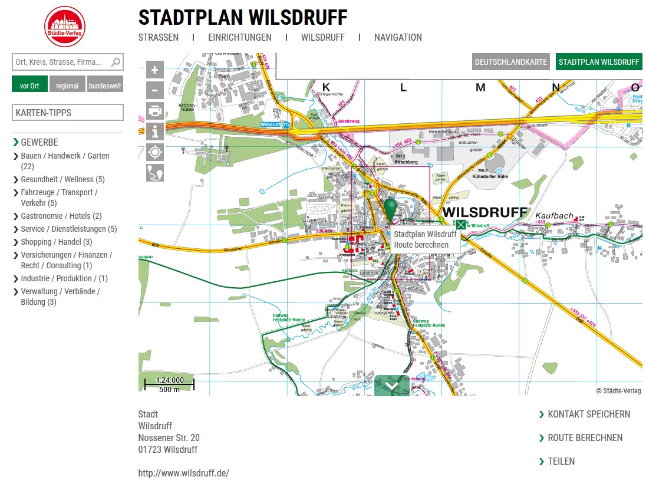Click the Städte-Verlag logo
coord(65,27)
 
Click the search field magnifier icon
coord(116,62)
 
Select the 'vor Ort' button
coord(29,85)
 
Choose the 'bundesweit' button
coord(105,85)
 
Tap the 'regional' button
coord(67,85)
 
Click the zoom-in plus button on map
coord(155,70)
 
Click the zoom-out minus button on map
coord(155,90)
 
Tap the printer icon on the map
coord(155,111)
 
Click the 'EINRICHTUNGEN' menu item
coord(239,37)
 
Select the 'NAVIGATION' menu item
coord(398,37)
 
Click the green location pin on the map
coord(391,209)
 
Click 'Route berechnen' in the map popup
coord(421,245)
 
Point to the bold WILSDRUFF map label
coord(484,212)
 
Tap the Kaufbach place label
coord(554,216)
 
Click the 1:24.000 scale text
coord(169,380)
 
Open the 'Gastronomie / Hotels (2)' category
coord(61,216)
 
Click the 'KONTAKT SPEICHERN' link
coord(588,414)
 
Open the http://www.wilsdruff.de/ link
coord(183,473)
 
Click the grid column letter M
coord(480,88)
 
